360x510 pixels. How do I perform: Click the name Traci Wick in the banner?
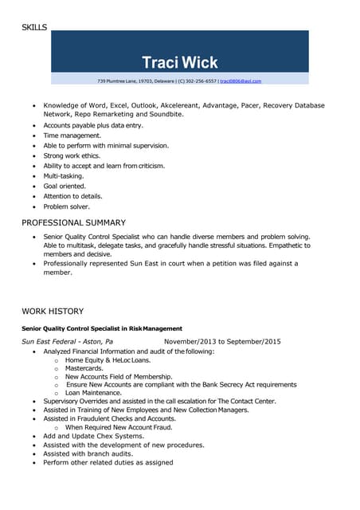tap(179, 62)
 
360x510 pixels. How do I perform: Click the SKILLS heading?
tap(34, 27)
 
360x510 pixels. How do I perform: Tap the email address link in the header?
tap(241, 81)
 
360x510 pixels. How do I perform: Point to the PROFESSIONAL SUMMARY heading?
tap(73, 222)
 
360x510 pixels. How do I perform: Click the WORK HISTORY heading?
tap(53, 311)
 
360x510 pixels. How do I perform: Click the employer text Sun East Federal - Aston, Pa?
tap(68, 342)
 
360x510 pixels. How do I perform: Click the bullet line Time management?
tap(72, 135)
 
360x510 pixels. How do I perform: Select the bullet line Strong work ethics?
tap(74, 156)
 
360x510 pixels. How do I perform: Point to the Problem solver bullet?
tap(66, 206)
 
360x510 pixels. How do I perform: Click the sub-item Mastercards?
tap(84, 368)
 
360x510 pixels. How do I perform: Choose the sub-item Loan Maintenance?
tap(94, 393)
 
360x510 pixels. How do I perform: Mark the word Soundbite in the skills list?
tap(163, 115)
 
